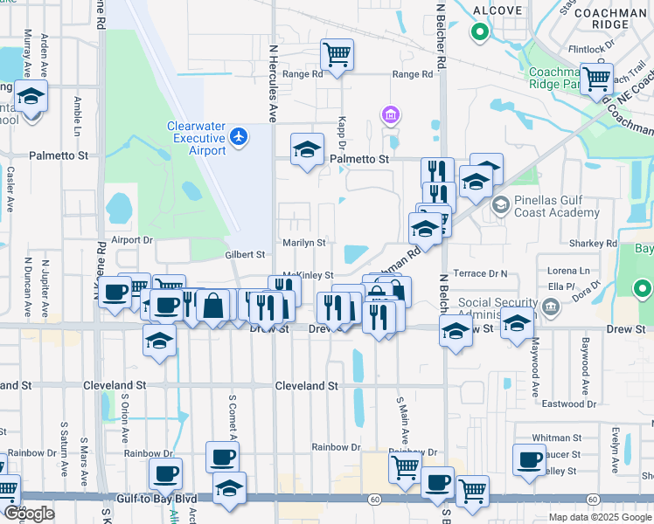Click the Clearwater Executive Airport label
197,138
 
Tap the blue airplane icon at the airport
240,136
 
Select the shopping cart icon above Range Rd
337,54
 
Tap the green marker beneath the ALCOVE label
479,33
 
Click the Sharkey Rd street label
600,244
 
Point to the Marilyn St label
303,242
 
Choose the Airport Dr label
132,238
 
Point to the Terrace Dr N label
480,273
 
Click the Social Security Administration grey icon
552,306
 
